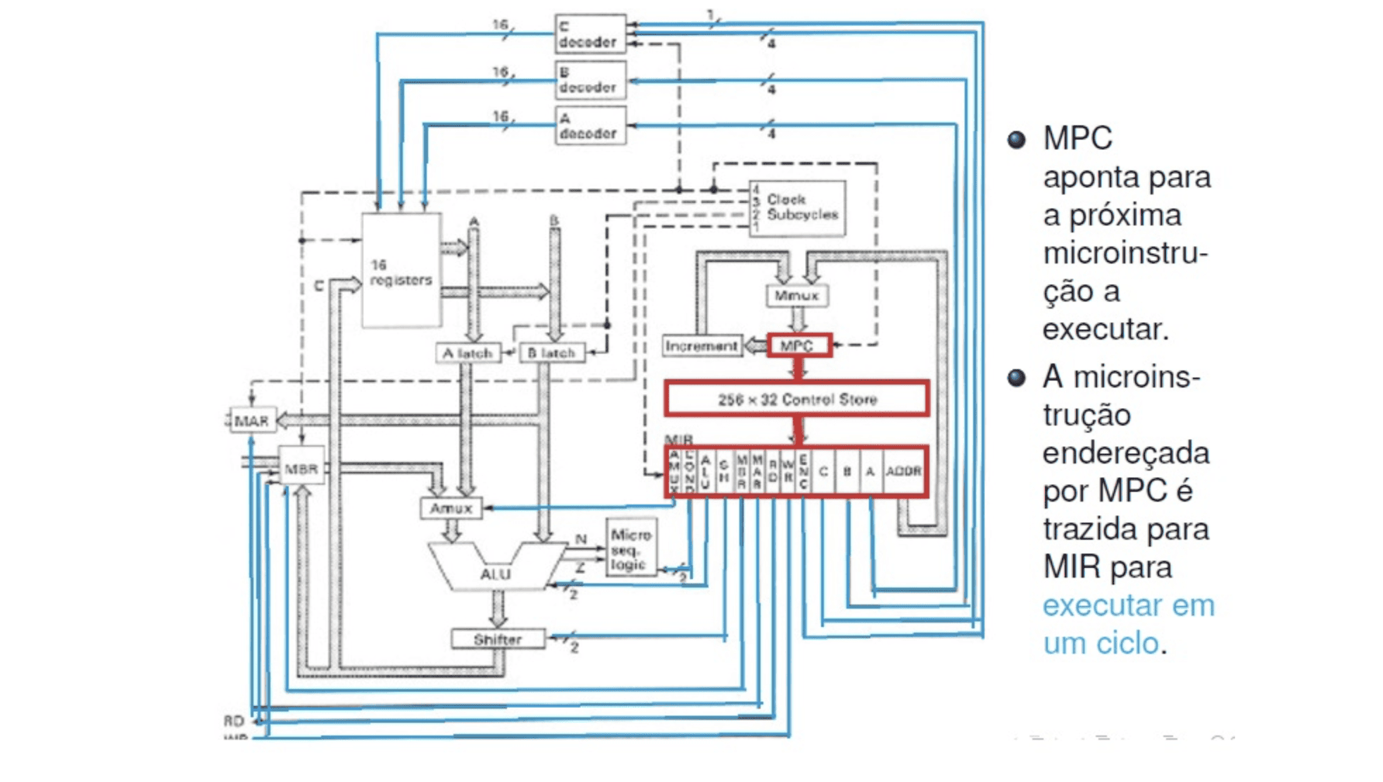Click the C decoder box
(x=589, y=34)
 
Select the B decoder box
(x=589, y=80)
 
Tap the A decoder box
(x=589, y=126)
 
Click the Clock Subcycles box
(x=797, y=208)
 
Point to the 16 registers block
(x=401, y=271)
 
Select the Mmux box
(x=797, y=295)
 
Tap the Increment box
(x=701, y=346)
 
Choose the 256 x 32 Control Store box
(x=796, y=399)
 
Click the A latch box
(x=468, y=353)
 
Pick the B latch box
(x=551, y=353)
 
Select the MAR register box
(x=252, y=421)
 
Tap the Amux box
(x=451, y=508)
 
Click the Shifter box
(x=498, y=639)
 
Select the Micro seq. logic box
(x=631, y=549)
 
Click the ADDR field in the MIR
(x=903, y=471)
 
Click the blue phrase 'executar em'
(x=1128, y=605)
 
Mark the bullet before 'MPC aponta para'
(x=1016, y=139)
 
